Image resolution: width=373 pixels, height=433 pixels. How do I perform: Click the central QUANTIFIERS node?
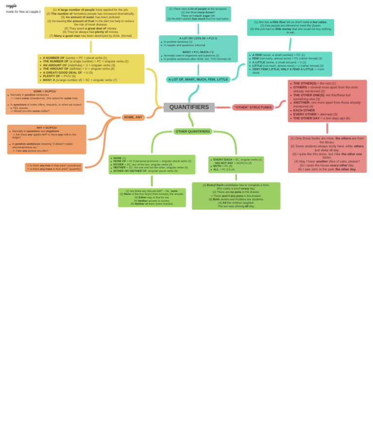(189, 107)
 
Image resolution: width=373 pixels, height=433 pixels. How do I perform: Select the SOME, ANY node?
(133, 117)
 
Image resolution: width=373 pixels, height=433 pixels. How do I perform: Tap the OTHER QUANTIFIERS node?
(193, 131)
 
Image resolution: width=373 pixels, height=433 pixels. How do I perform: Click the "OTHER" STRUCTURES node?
(253, 107)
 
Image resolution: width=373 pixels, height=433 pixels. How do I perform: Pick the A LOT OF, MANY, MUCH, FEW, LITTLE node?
(198, 79)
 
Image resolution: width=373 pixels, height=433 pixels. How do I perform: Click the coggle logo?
(11, 6)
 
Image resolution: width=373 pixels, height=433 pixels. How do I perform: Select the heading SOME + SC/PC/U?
(45, 91)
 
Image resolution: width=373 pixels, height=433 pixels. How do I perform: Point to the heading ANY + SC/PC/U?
(46, 128)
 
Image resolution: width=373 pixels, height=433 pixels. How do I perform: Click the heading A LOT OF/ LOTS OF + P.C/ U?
(198, 38)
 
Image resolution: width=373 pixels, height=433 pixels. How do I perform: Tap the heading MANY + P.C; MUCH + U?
(198, 52)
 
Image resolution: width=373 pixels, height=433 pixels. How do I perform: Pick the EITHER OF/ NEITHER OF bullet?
(145, 171)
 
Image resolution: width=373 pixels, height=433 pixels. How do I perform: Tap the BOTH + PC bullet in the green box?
(223, 166)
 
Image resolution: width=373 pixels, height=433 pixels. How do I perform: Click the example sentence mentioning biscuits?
(152, 191)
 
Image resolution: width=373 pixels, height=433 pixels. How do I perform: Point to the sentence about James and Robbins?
(236, 199)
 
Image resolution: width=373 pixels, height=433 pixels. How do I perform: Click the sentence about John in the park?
(327, 169)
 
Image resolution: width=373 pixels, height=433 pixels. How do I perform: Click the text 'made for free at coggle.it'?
(23, 12)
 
